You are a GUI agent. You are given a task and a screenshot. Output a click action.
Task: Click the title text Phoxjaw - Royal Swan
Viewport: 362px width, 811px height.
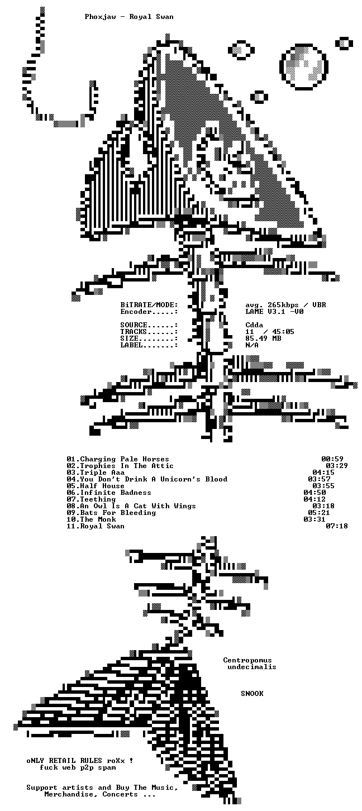[x=129, y=17]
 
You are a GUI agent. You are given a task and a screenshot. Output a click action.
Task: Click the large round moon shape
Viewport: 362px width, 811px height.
[x=304, y=67]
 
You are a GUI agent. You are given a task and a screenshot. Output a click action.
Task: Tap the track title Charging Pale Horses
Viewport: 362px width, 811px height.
[x=125, y=459]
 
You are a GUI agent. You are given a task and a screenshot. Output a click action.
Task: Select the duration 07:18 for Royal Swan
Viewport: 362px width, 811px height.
[x=337, y=526]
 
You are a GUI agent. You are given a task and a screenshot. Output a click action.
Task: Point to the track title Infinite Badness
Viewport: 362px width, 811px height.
[x=116, y=493]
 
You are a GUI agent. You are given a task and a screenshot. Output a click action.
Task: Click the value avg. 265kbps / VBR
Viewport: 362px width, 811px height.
[x=285, y=305]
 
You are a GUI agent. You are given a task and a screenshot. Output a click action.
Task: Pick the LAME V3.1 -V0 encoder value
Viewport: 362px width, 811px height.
[x=274, y=311]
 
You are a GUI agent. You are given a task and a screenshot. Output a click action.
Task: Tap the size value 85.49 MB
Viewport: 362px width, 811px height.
[x=263, y=338]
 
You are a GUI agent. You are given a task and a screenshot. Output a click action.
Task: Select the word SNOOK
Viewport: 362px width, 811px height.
[x=253, y=693]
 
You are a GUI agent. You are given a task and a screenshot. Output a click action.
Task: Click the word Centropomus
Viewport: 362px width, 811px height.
[x=247, y=660]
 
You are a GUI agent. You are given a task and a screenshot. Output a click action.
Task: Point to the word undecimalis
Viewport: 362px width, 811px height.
[x=252, y=667]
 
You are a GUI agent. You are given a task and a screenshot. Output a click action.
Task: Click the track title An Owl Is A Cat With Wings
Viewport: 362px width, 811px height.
[x=138, y=506]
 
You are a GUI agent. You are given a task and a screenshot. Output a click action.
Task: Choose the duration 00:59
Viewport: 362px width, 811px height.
[x=332, y=459]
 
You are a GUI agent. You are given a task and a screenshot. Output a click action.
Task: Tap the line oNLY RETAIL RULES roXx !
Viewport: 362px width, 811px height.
[x=80, y=761]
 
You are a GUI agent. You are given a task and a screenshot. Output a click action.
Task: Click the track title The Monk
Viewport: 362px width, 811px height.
[x=98, y=519]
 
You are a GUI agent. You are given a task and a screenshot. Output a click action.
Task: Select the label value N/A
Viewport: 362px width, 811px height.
[x=252, y=345]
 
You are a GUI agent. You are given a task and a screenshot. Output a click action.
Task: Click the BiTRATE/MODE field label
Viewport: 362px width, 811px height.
[x=149, y=305]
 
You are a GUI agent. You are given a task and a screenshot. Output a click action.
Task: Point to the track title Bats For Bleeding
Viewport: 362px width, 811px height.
[x=118, y=513]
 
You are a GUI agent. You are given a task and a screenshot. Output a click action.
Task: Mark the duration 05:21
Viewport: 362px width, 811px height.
[x=319, y=513]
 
